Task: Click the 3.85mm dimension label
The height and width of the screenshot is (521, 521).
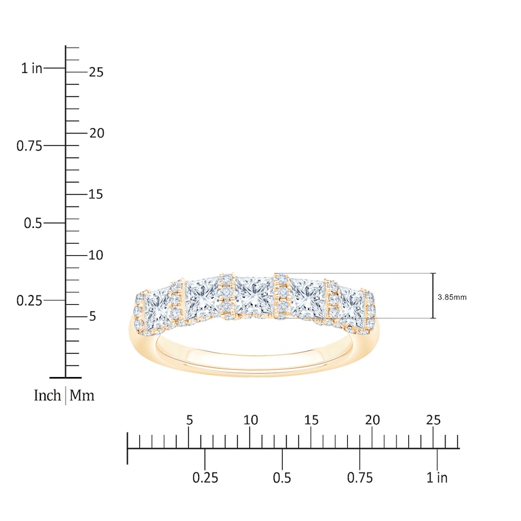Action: tap(453, 297)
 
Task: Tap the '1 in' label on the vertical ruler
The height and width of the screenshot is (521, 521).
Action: tap(31, 68)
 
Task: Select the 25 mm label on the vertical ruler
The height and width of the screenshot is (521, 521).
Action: tap(96, 72)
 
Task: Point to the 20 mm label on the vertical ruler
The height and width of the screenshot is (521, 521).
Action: tap(96, 133)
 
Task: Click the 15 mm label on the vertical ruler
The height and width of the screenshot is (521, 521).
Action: tap(96, 194)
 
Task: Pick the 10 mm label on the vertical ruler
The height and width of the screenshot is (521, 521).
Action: tap(96, 255)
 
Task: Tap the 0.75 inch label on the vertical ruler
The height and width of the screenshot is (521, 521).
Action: tap(29, 145)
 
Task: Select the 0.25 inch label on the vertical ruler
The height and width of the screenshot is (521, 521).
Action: tap(29, 300)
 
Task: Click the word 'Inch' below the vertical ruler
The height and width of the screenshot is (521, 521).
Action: tap(47, 395)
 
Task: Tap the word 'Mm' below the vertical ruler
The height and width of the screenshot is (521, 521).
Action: tap(82, 395)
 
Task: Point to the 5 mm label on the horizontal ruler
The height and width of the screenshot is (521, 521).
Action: tap(190, 420)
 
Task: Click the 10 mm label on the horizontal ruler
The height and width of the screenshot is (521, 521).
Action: tap(250, 420)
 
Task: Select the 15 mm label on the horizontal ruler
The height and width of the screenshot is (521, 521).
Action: tap(311, 420)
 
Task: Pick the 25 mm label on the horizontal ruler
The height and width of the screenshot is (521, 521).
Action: tap(433, 420)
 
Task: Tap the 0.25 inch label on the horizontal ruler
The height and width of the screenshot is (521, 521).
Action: tap(205, 478)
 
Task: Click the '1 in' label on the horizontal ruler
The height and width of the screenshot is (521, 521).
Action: tap(437, 478)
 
